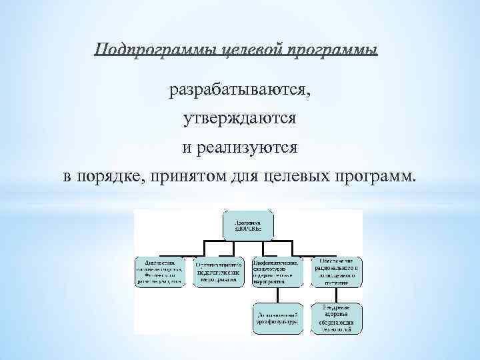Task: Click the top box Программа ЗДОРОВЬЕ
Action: (x=248, y=225)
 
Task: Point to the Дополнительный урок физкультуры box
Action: (x=279, y=318)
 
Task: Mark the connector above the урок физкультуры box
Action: (x=279, y=295)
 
